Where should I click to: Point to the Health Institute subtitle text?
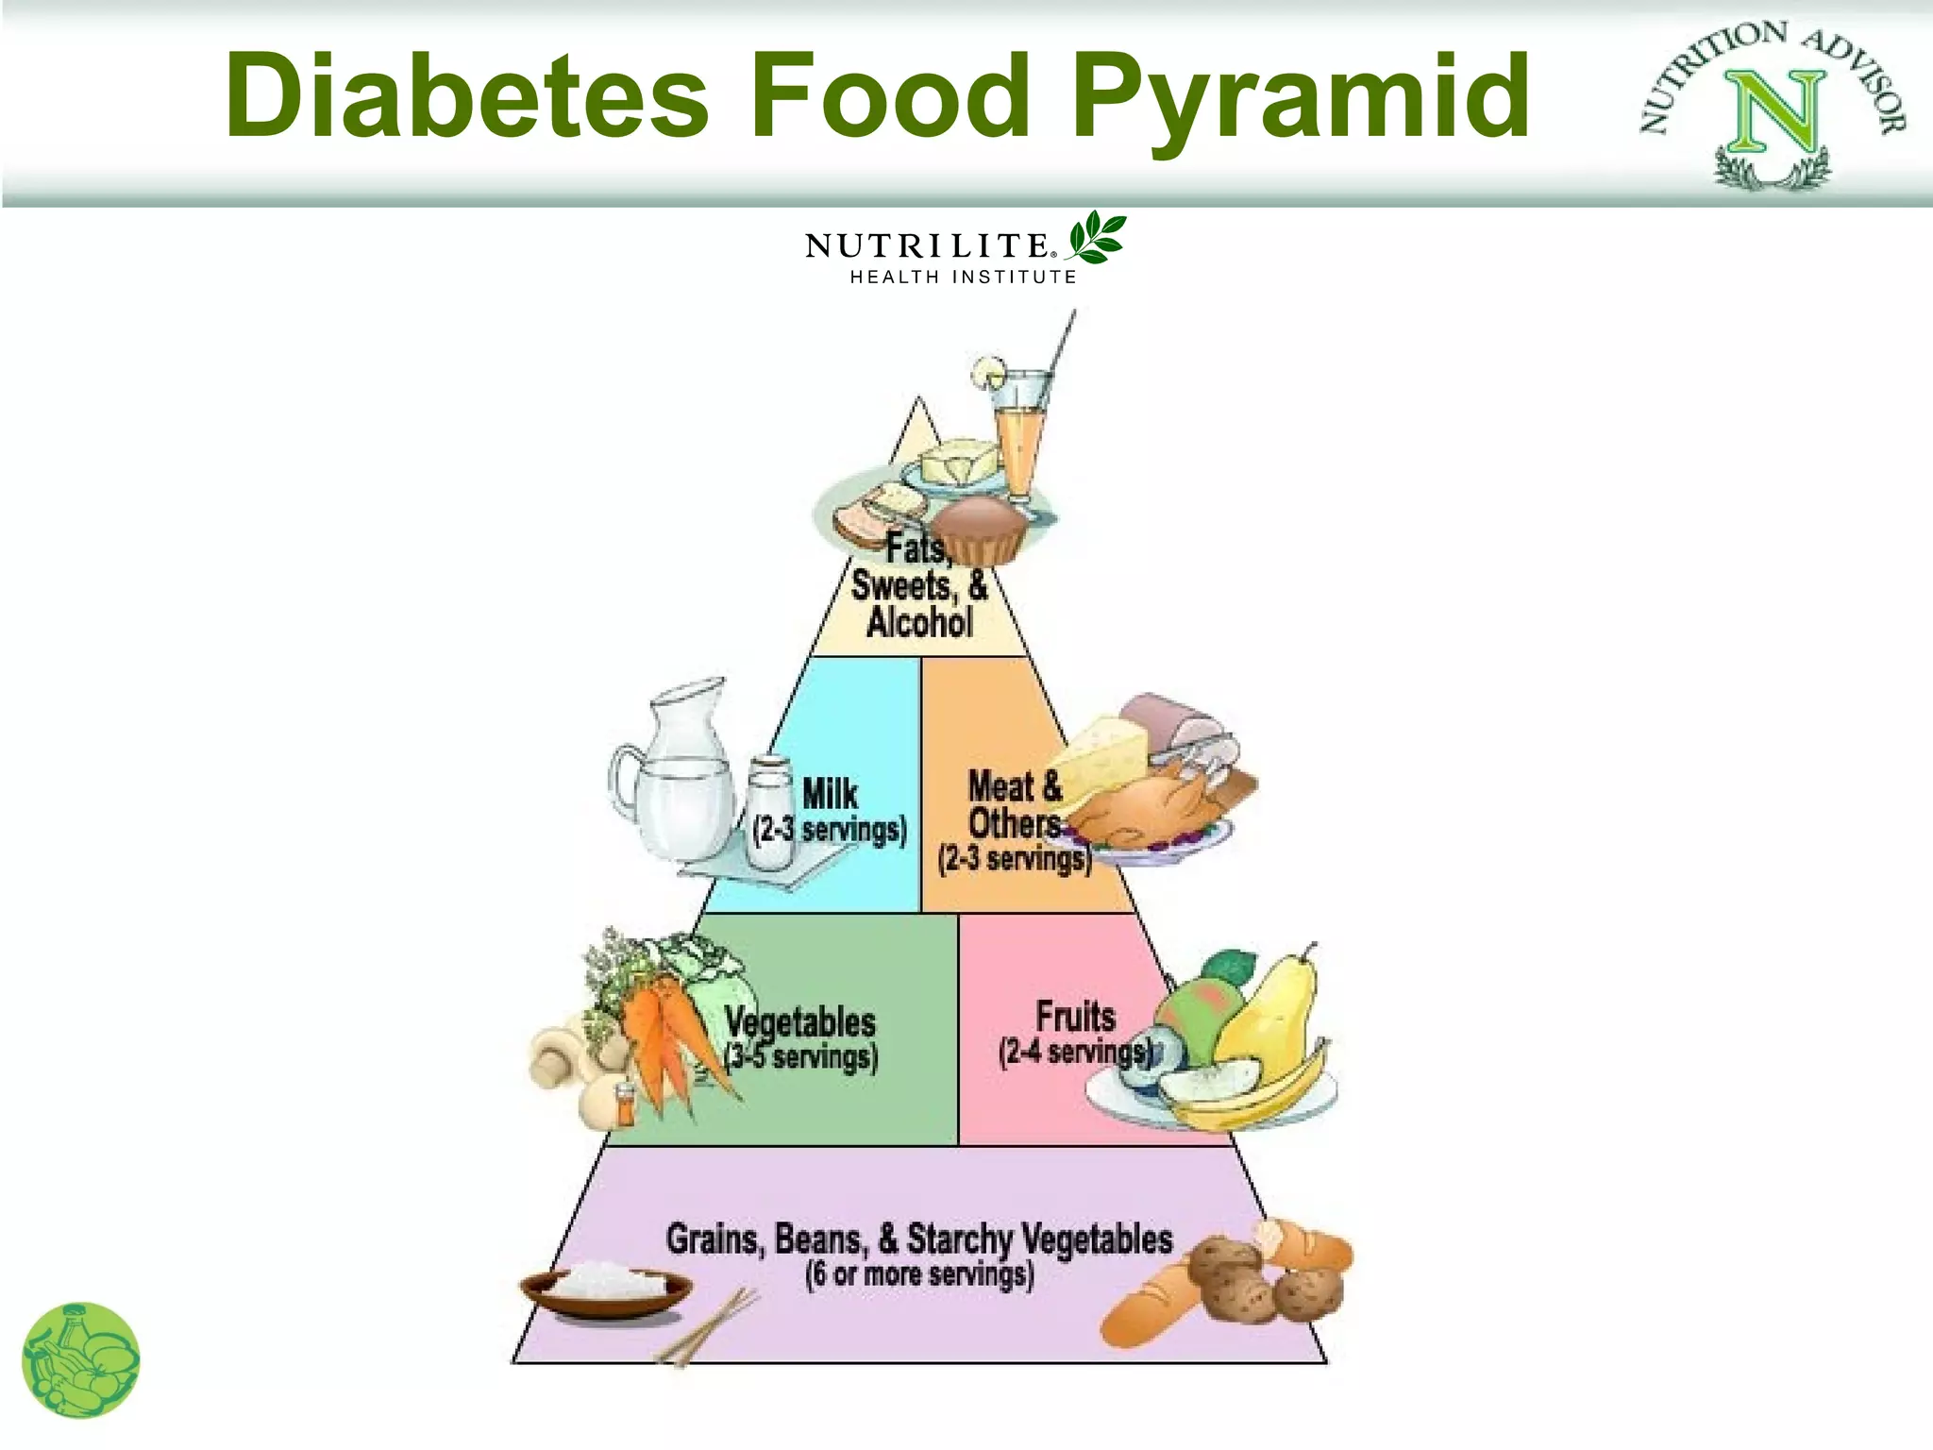(963, 277)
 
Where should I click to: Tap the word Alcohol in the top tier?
(919, 623)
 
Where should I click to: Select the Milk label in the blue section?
(830, 793)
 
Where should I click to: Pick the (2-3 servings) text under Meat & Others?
(1014, 859)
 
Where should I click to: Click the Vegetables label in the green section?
(800, 1021)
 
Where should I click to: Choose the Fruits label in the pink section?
(1075, 1017)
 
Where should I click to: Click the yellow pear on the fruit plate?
(1269, 1015)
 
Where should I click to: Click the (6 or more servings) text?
(919, 1274)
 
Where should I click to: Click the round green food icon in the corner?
(80, 1360)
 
